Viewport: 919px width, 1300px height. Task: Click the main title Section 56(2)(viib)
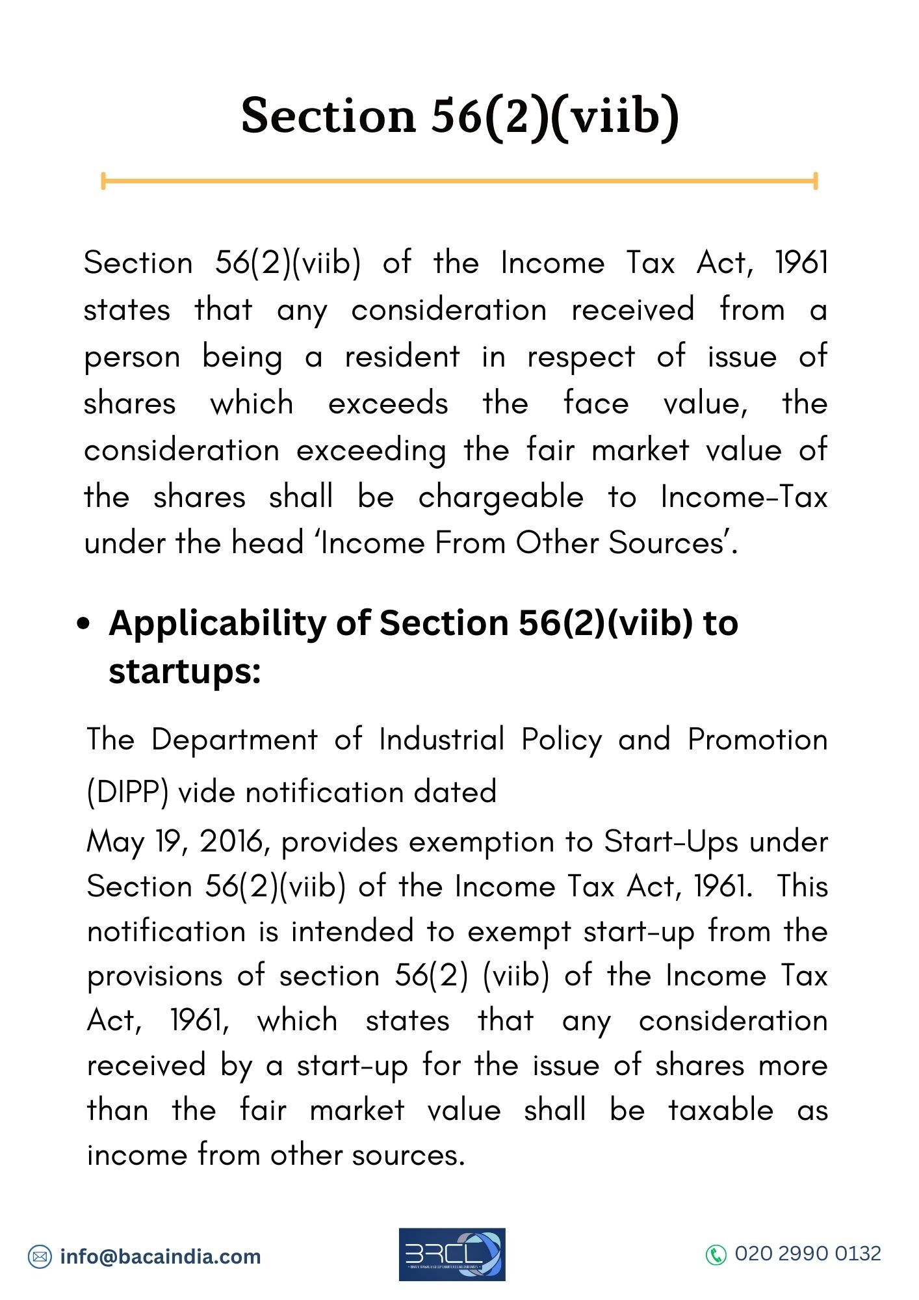coord(459,116)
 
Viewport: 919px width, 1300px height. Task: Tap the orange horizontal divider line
coord(459,181)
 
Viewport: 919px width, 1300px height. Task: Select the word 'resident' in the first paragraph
coord(402,357)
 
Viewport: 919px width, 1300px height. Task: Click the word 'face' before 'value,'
coord(595,404)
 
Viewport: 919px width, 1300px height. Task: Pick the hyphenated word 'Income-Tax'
coord(744,497)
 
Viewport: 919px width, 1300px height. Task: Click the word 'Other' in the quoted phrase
coord(557,543)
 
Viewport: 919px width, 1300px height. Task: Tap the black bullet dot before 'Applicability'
coord(83,624)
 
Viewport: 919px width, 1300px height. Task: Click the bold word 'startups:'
coord(185,671)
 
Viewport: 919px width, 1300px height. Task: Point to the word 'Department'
coord(235,740)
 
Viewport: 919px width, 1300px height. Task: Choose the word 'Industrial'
coord(441,740)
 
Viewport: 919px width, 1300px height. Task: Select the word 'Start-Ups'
coord(671,842)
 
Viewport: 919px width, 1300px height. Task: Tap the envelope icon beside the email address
coord(40,1256)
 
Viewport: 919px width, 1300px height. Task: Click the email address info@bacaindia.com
coord(160,1256)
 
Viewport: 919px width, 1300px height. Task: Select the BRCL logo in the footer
coord(452,1254)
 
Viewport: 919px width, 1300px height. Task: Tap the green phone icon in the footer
coord(716,1254)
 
